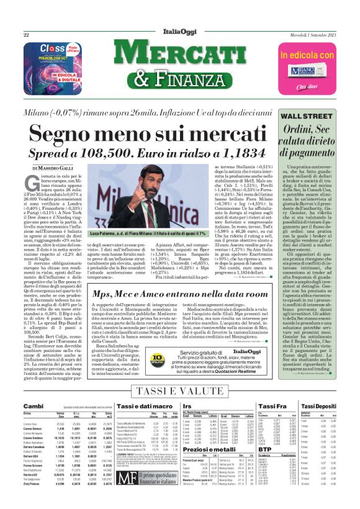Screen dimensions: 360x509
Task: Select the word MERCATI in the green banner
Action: (180, 57)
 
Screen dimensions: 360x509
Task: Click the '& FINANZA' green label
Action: (180, 79)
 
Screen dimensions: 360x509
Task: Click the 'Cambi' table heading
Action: (34, 405)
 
